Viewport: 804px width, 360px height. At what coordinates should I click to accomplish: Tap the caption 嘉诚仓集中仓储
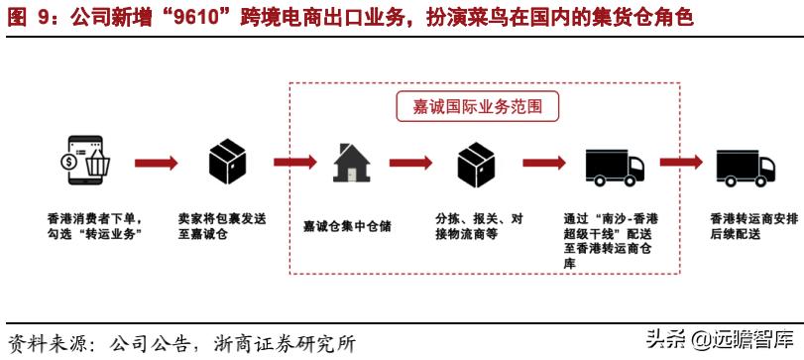pyautogui.click(x=347, y=226)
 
